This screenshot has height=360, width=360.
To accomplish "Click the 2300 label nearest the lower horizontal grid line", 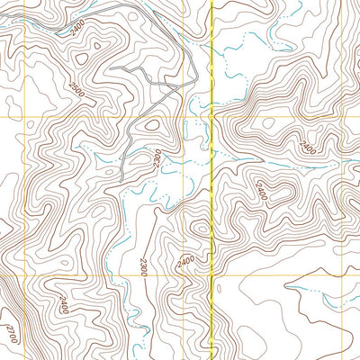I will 144,265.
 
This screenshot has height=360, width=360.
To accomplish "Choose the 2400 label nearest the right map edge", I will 309,145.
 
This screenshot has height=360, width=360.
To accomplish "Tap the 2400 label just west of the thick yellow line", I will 185,262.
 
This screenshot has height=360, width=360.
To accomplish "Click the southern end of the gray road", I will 121,181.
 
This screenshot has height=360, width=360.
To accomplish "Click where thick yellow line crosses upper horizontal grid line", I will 211,117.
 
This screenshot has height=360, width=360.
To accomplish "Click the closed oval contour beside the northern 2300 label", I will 150,127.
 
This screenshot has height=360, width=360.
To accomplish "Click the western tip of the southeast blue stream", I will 286,290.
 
